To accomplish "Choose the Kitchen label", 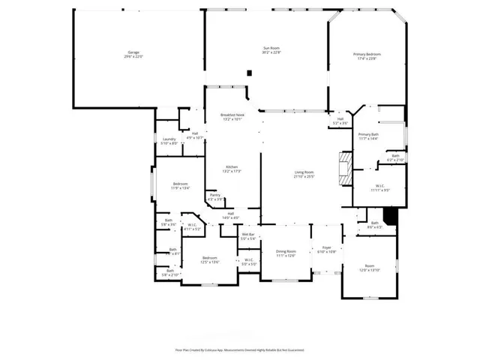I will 232,169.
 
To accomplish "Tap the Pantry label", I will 215,197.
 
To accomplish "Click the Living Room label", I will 304,175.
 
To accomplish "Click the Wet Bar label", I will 248,236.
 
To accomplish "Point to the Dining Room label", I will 286,253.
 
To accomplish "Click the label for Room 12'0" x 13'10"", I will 369,268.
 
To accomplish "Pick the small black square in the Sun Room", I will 250,73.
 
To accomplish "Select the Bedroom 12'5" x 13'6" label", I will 208,259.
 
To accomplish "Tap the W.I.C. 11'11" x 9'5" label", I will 380,187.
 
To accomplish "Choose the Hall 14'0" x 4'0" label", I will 231,216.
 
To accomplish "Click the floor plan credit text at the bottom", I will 239,349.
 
